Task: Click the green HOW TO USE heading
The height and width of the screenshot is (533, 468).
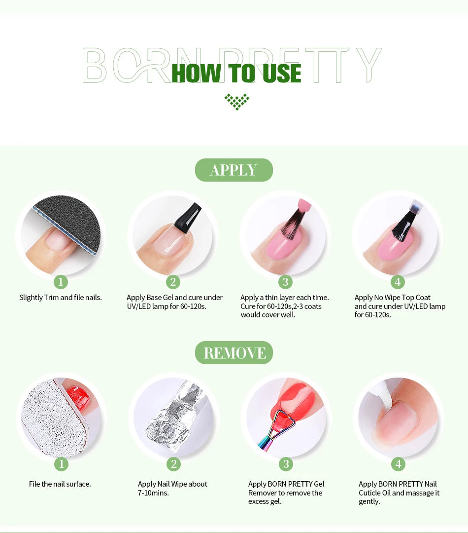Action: click(236, 73)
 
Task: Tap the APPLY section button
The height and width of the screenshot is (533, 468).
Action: click(234, 170)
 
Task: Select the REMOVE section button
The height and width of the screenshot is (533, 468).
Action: click(234, 352)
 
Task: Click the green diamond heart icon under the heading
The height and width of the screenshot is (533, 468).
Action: click(237, 101)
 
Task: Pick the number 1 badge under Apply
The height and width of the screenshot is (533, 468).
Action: click(61, 282)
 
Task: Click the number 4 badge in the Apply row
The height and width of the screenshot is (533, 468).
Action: click(398, 282)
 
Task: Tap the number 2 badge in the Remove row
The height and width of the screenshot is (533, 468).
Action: click(173, 464)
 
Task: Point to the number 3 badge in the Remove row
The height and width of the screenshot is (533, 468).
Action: click(286, 464)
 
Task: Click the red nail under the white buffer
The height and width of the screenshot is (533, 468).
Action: click(78, 395)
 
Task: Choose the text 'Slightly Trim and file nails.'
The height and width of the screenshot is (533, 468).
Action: click(61, 298)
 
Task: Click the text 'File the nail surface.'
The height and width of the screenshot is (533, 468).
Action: click(60, 484)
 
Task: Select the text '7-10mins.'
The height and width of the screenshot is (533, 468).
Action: click(153, 493)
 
